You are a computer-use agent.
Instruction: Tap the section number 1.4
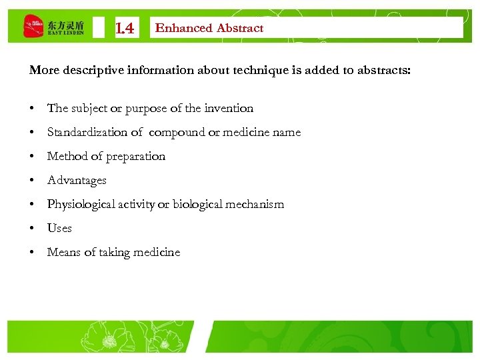(125, 29)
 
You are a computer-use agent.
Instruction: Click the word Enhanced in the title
(183, 28)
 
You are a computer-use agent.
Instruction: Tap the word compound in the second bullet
(176, 132)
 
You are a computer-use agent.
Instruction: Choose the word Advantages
(77, 180)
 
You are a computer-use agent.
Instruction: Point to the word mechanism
(257, 204)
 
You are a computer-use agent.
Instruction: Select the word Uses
(59, 228)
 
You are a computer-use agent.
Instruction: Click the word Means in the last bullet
(63, 252)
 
